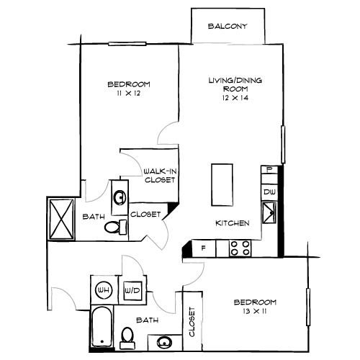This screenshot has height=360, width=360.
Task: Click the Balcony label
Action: point(228,27)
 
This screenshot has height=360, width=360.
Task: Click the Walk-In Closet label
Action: point(159,176)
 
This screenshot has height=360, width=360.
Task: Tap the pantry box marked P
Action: point(269,170)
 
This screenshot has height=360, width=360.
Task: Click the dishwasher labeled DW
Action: point(269,192)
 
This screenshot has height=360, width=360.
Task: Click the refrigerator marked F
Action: point(204,248)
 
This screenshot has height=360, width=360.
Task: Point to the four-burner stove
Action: point(240,248)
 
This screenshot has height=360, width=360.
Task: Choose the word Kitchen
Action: point(233,224)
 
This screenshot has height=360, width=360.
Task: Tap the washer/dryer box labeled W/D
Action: point(132,290)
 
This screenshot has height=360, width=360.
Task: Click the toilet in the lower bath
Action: point(128,336)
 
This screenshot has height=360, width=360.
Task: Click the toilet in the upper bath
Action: point(114,227)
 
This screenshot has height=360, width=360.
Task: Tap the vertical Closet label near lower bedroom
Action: point(192,322)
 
